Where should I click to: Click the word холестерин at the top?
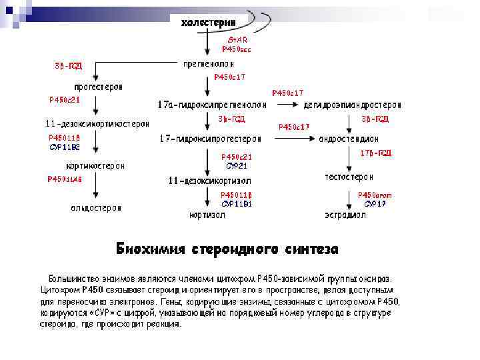tap(208, 23)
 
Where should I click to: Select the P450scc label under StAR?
tap(237, 49)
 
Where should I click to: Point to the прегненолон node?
tap(209, 64)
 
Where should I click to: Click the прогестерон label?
tap(98, 87)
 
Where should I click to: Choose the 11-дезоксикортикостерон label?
tap(97, 123)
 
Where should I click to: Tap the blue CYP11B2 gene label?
tap(65, 146)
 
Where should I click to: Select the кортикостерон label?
tap(95, 166)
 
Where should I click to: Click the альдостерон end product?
tap(96, 207)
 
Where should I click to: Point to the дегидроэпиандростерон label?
tap(353, 105)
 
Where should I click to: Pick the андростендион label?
tap(349, 139)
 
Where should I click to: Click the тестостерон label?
tap(349, 177)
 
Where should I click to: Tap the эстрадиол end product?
tap(345, 215)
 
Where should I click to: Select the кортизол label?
tap(207, 215)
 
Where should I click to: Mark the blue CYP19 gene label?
tap(375, 203)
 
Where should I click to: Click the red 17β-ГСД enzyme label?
tap(375, 153)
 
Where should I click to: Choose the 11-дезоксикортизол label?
tap(209, 180)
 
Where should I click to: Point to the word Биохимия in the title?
tap(150, 249)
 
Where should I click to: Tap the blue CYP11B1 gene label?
tap(236, 203)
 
